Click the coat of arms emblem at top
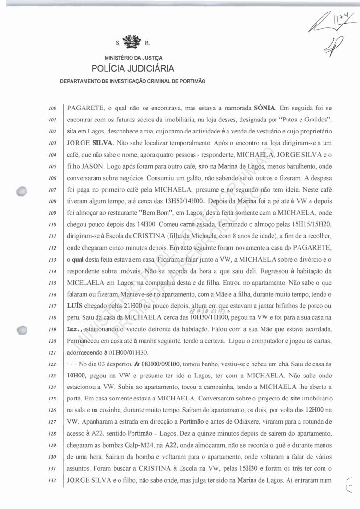129,42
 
